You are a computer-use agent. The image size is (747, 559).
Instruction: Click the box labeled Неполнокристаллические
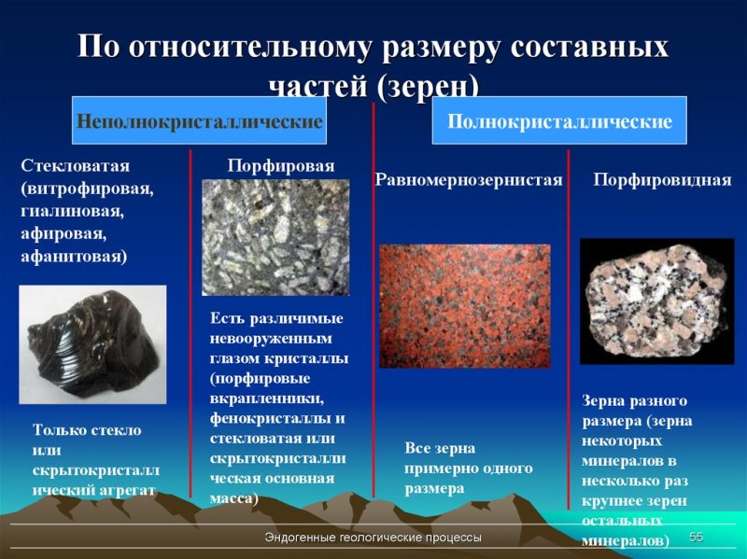pyautogui.click(x=200, y=122)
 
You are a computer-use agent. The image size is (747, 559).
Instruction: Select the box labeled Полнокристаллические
pyautogui.click(x=558, y=122)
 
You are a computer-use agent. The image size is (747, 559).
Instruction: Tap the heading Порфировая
pyautogui.click(x=280, y=165)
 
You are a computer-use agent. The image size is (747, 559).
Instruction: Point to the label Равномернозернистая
pyautogui.click(x=469, y=179)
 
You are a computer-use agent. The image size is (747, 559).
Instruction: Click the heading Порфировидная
pyautogui.click(x=662, y=179)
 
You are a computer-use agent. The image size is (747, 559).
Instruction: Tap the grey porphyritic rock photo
pyautogui.click(x=275, y=237)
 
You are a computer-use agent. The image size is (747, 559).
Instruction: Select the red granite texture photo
pyautogui.click(x=465, y=306)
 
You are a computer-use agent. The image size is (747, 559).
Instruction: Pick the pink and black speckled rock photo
pyautogui.click(x=656, y=300)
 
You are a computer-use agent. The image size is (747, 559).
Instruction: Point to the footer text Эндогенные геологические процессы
pyautogui.click(x=373, y=538)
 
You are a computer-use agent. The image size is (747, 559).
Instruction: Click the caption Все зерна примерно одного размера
pyautogui.click(x=468, y=468)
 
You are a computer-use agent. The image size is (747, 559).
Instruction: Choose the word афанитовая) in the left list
pyautogui.click(x=75, y=255)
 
